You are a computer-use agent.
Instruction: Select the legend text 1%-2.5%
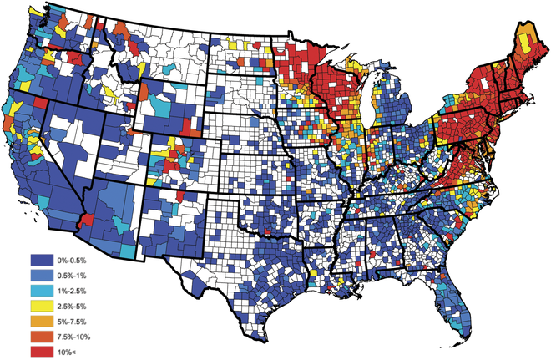coord(80,291)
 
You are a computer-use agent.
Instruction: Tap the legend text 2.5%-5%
coord(80,306)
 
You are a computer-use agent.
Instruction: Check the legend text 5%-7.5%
coord(80,321)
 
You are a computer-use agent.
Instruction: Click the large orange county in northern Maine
coord(525,38)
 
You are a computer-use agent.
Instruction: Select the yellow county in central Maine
coord(519,60)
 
